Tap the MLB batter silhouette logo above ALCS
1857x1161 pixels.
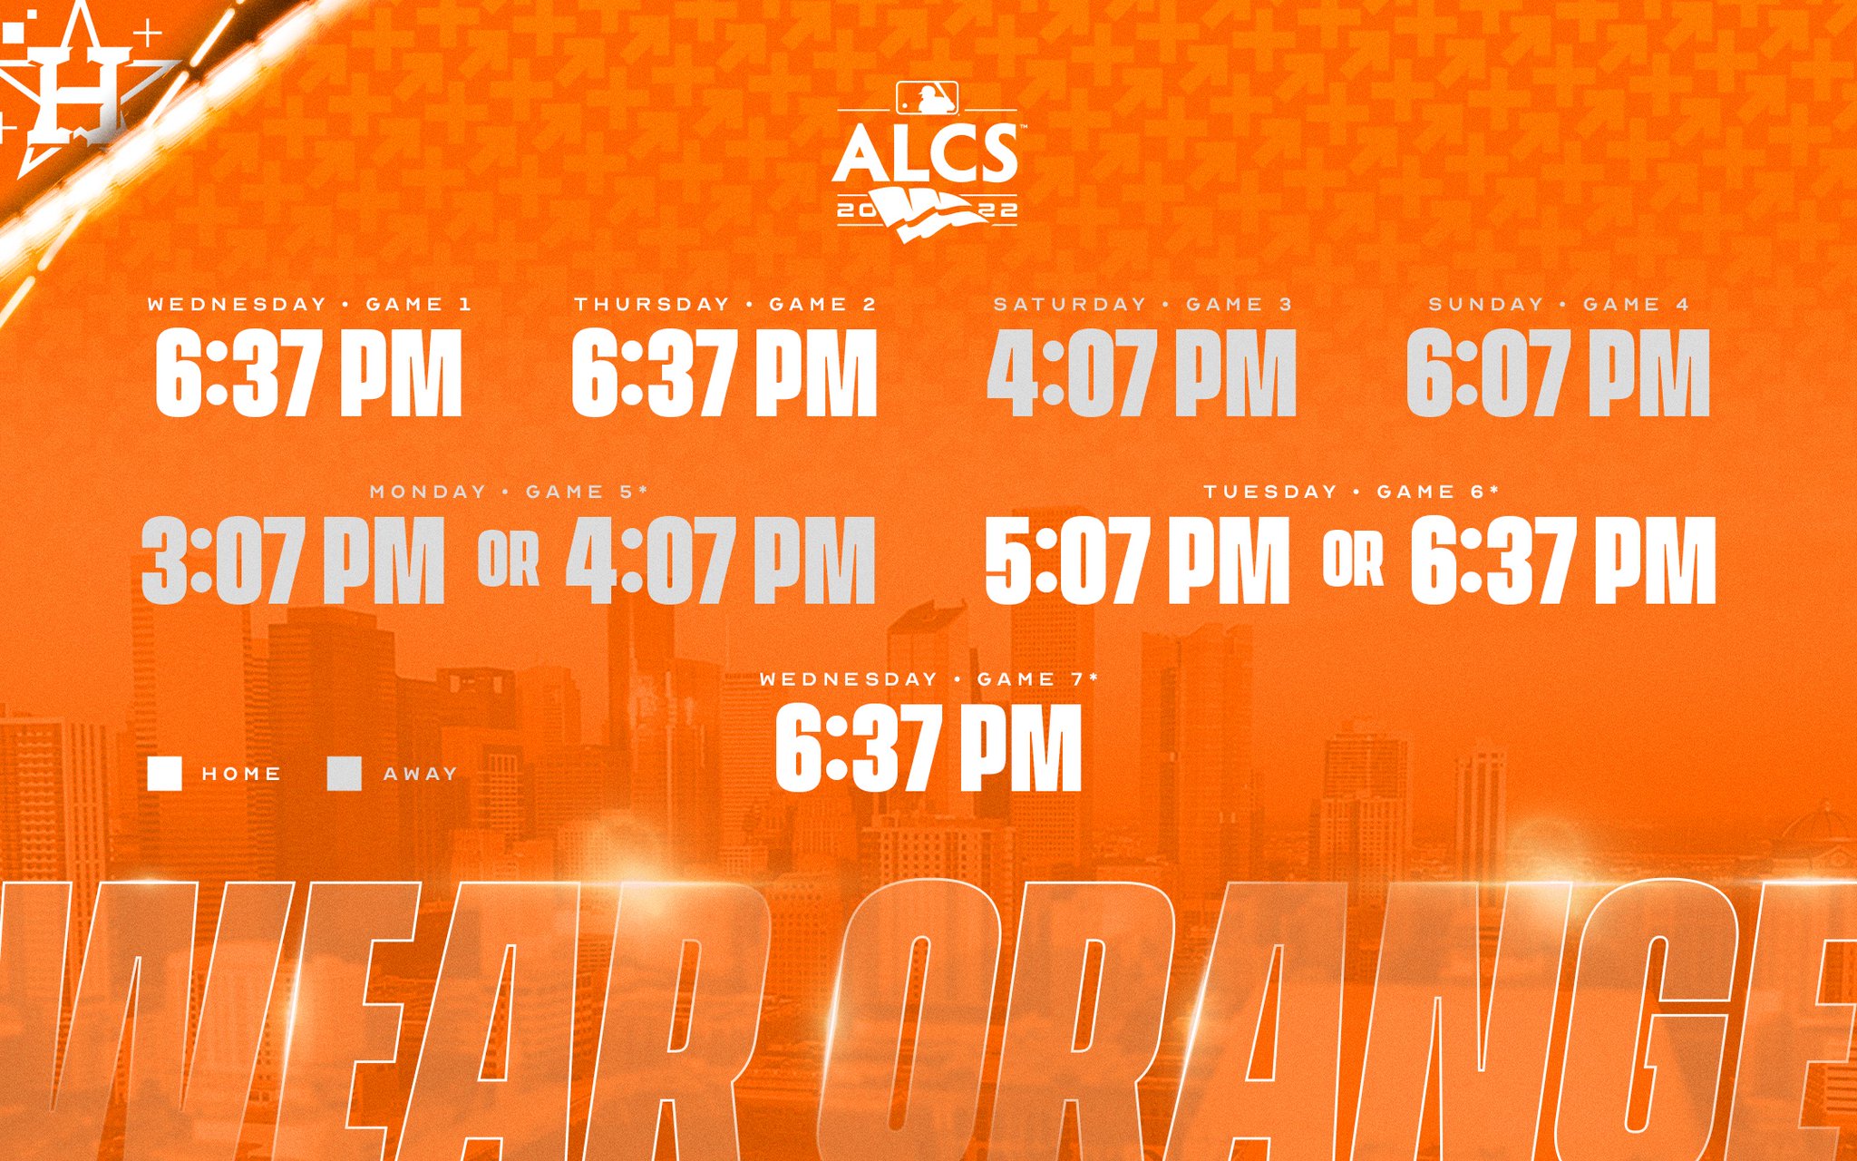pos(927,98)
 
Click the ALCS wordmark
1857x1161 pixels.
pos(926,153)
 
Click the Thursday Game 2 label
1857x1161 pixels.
pos(725,305)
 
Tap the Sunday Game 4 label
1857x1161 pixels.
pos(1559,305)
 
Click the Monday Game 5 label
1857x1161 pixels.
pos(509,493)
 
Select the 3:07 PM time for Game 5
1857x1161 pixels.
pos(293,561)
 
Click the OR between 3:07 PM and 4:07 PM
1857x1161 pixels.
pos(509,561)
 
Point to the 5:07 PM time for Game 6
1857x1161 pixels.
pos(1137,561)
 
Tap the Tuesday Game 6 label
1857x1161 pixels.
pos(1351,493)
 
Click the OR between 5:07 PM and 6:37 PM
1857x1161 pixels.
pos(1353,561)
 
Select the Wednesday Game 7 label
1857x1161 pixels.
pos(928,679)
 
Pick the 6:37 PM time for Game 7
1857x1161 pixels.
pos(928,749)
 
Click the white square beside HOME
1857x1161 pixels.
pos(165,774)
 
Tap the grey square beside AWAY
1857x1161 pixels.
pos(345,774)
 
